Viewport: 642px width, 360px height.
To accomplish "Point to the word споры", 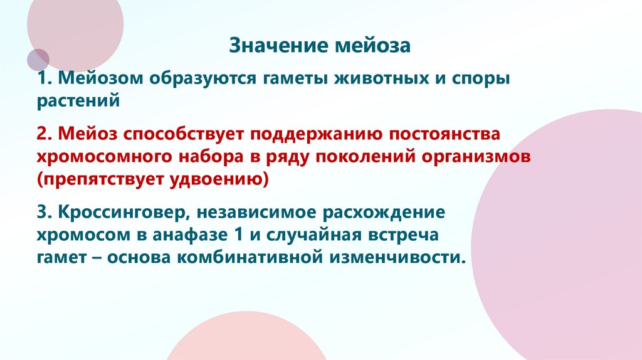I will coord(484,80).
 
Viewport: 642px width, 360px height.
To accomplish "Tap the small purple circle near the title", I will coord(38,59).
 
